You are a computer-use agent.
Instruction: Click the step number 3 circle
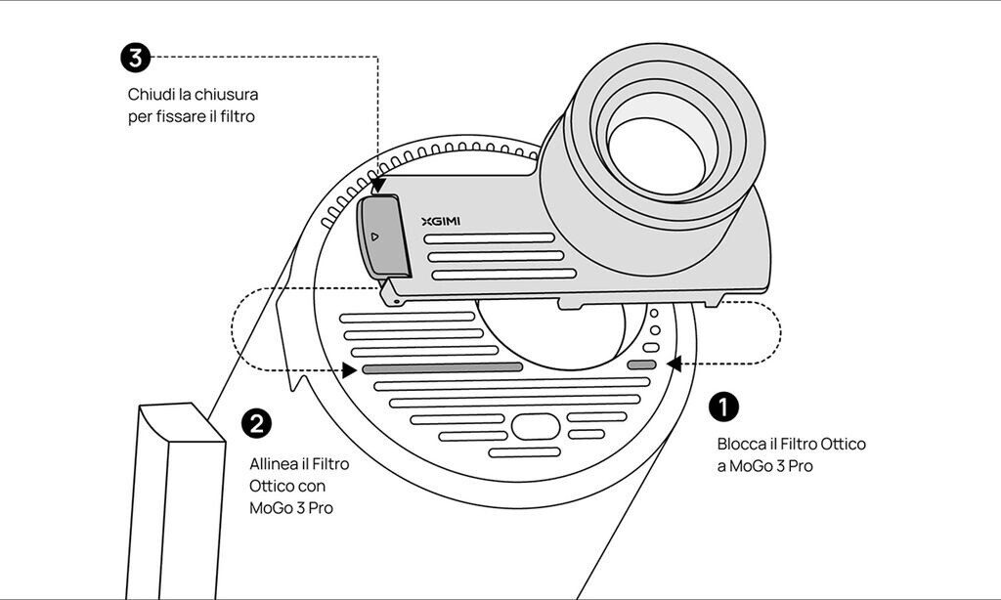tap(135, 58)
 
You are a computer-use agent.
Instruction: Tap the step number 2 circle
tap(256, 424)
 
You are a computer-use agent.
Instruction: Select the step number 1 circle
tap(724, 407)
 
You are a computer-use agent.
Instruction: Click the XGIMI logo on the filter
tap(441, 222)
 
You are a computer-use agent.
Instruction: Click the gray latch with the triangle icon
tap(383, 236)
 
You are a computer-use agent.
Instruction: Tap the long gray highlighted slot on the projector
tap(443, 367)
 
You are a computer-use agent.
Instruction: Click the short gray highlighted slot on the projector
tap(641, 365)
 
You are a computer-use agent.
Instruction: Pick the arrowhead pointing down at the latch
tap(378, 185)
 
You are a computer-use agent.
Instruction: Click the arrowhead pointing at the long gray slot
tap(349, 370)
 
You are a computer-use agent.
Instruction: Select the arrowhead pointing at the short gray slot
tap(674, 364)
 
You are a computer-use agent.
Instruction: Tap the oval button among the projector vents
tap(536, 426)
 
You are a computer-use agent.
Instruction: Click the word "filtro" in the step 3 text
tap(238, 117)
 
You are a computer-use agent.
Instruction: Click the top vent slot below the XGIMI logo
tap(490, 238)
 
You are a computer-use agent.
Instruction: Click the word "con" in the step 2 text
tap(313, 487)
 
